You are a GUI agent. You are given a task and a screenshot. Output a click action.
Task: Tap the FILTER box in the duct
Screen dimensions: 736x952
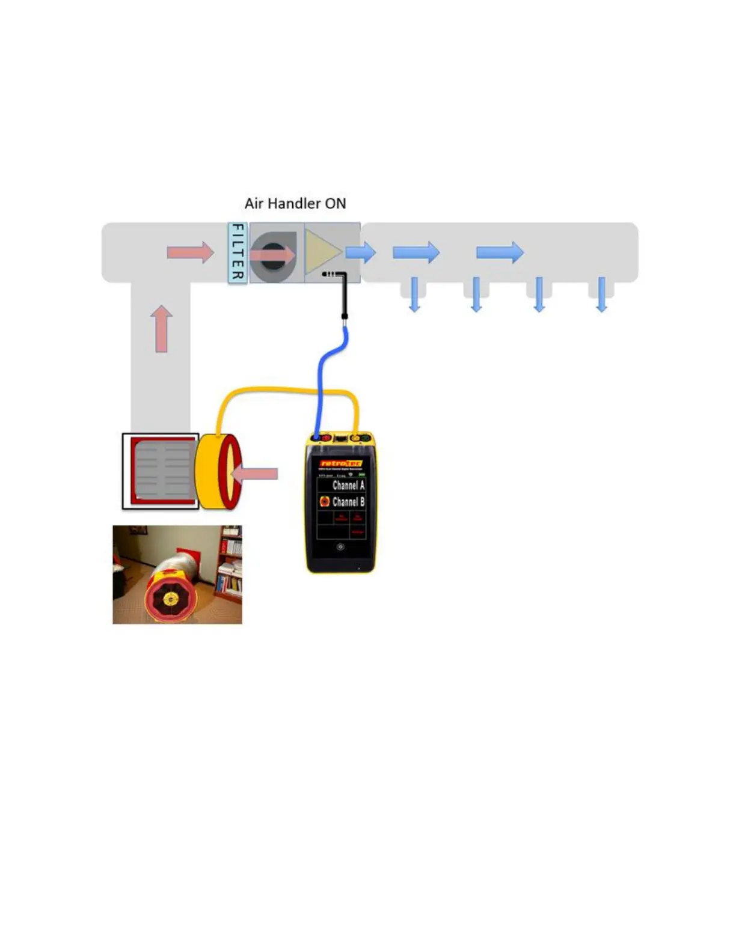tap(238, 252)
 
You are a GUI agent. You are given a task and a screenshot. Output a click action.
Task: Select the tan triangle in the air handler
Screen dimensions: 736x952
tap(322, 252)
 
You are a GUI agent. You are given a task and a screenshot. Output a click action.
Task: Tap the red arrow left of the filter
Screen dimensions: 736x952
tap(190, 252)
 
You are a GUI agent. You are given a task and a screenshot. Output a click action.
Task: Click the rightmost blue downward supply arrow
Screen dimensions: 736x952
tap(601, 295)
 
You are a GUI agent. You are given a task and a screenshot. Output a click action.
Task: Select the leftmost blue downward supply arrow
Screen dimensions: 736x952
tap(414, 295)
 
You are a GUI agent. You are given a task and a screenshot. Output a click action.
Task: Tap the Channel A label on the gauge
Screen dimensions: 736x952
tap(348, 485)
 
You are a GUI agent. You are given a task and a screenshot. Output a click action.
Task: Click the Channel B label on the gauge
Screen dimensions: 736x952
tap(348, 502)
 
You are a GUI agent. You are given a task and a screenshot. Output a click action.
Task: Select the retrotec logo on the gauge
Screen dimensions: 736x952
tap(340, 463)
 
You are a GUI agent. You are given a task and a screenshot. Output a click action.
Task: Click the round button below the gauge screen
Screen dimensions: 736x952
tap(340, 547)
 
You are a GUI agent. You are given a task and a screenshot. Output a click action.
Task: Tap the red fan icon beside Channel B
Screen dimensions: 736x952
tap(325, 501)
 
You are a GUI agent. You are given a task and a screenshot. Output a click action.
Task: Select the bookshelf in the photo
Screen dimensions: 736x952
tap(230, 565)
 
